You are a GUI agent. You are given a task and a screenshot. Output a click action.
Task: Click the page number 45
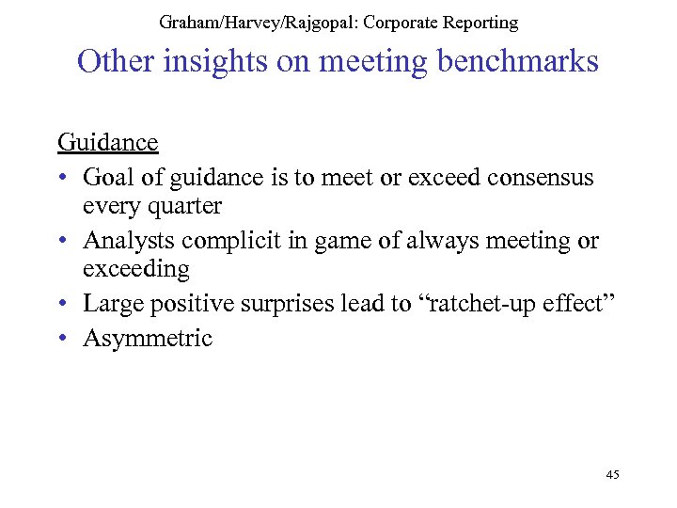pyautogui.click(x=612, y=475)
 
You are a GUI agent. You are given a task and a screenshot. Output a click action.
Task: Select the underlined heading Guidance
pyautogui.click(x=107, y=142)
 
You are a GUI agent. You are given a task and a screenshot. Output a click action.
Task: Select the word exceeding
pyautogui.click(x=136, y=269)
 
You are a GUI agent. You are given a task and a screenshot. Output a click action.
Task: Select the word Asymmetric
pyautogui.click(x=148, y=338)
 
